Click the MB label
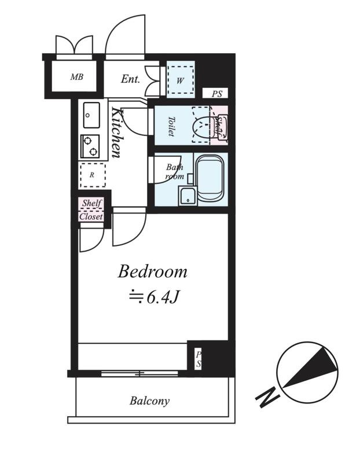pyautogui.click(x=77, y=77)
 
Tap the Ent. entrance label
pyautogui.click(x=130, y=79)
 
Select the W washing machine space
pyautogui.click(x=181, y=80)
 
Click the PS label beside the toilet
pyautogui.click(x=217, y=94)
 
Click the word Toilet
pyautogui.click(x=171, y=126)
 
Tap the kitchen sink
pyautogui.click(x=91, y=115)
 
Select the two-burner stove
pyautogui.click(x=90, y=146)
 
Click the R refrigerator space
pyautogui.click(x=93, y=175)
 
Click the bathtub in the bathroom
pyautogui.click(x=210, y=179)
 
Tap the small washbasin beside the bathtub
pyautogui.click(x=188, y=196)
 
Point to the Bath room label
pyautogui.click(x=175, y=172)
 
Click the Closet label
pyautogui.click(x=91, y=216)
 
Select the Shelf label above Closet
pyautogui.click(x=92, y=203)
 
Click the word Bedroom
pyautogui.click(x=152, y=271)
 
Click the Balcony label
pyautogui.click(x=150, y=401)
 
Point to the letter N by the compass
pyautogui.click(x=267, y=397)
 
